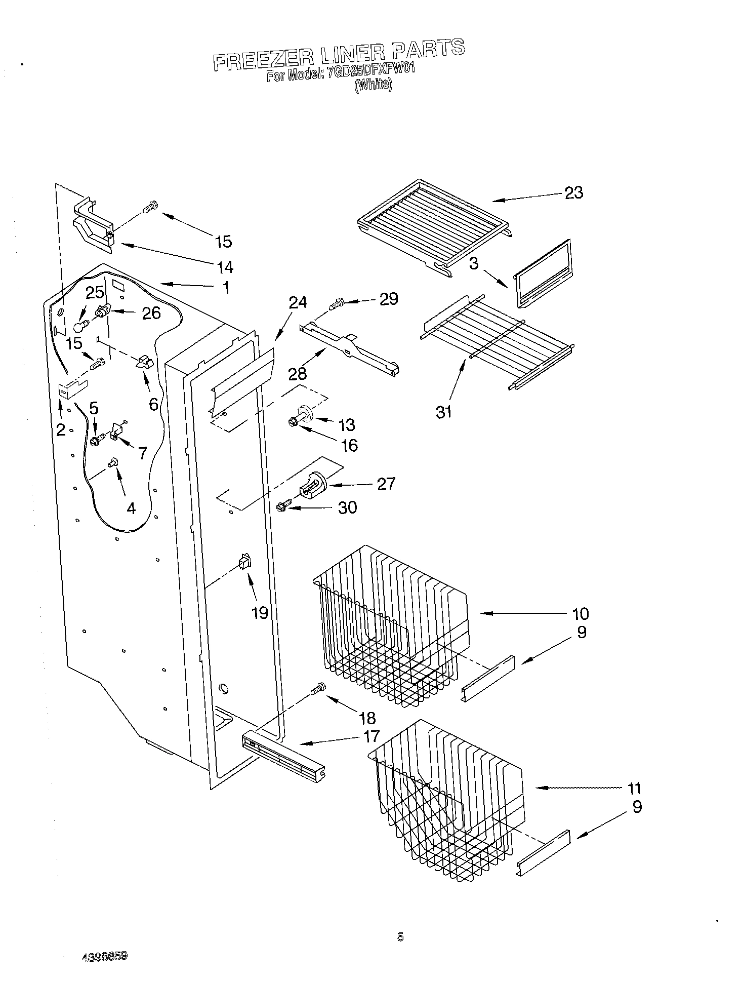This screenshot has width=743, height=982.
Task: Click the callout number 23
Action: pos(573,192)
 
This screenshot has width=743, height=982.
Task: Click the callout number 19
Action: pos(260,613)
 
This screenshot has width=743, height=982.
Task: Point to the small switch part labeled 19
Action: pos(244,562)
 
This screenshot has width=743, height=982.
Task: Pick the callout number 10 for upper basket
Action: pos(581,613)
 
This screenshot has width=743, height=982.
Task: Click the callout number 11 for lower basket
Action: pos(634,788)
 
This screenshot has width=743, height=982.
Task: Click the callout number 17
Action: pos(371,735)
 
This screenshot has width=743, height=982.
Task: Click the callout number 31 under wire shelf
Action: pos(444,412)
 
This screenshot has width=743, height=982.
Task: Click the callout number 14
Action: pos(225,266)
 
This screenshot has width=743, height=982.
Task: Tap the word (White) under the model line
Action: pos(373,85)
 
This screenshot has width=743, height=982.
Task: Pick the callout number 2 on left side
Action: pos(61,430)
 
